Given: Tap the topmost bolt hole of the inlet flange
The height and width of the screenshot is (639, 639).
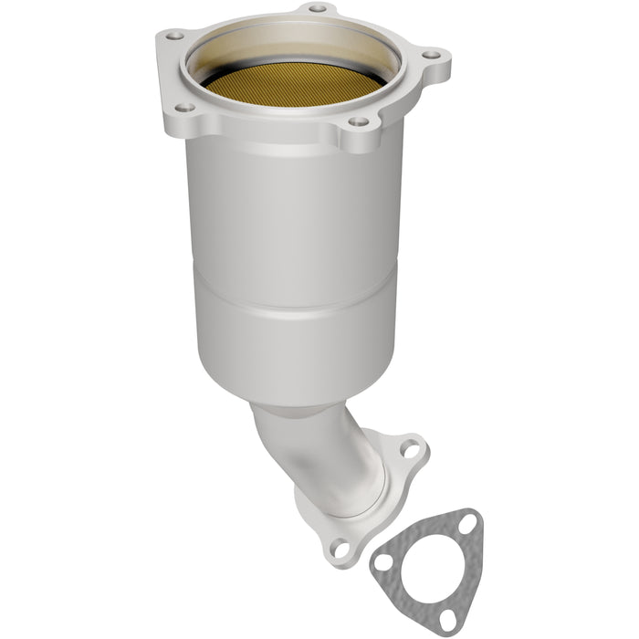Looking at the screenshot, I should tap(317, 9).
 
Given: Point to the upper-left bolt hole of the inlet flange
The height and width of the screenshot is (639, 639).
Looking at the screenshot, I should tap(171, 36).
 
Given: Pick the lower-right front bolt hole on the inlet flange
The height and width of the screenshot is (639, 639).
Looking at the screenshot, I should tap(359, 121).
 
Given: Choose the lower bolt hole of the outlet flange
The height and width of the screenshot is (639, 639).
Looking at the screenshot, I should tap(340, 549).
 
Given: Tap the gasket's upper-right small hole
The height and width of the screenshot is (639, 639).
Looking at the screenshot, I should tap(467, 523).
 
